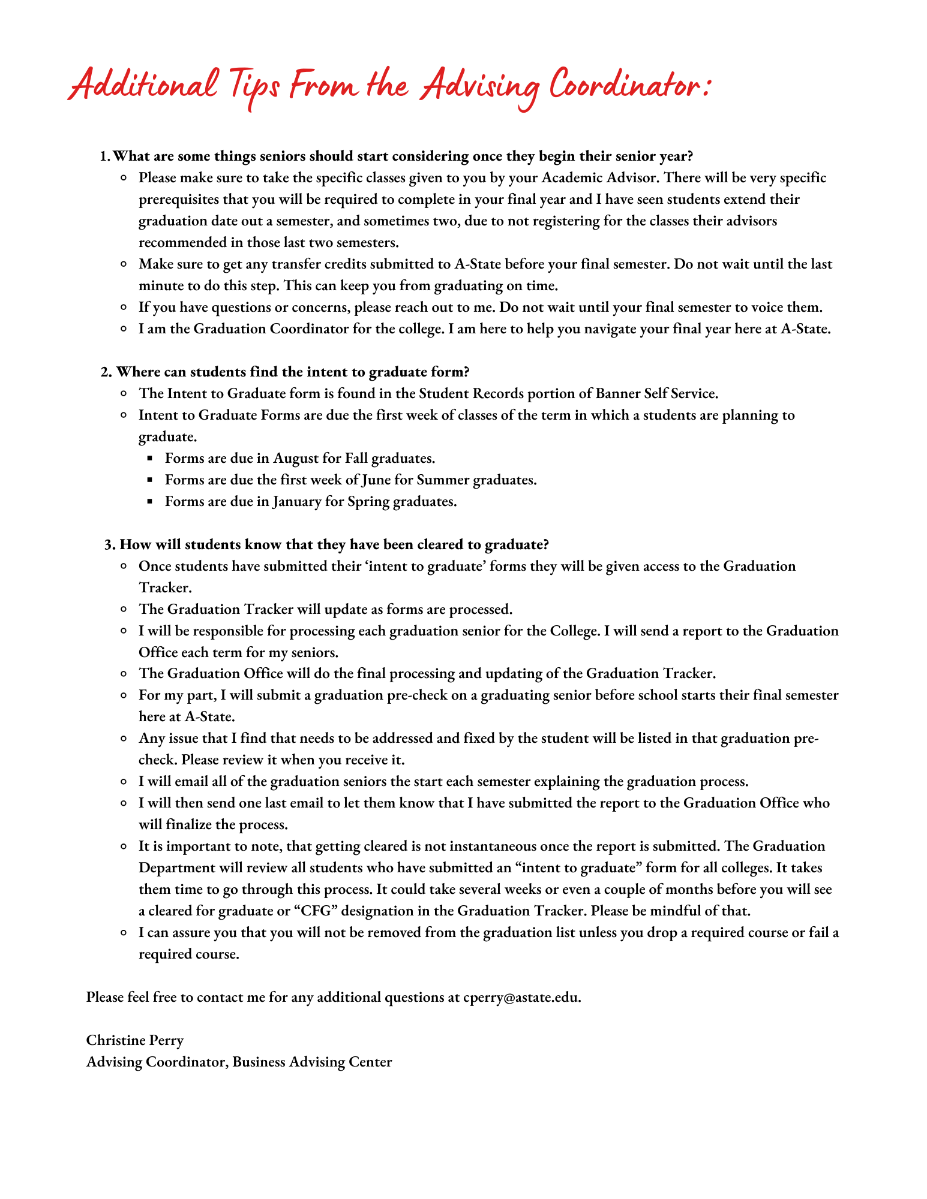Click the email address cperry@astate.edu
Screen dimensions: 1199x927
(x=521, y=997)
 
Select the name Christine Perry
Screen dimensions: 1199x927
(x=135, y=1040)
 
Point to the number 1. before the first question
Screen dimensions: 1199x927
(x=104, y=156)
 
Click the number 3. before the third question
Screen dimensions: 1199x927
(x=109, y=545)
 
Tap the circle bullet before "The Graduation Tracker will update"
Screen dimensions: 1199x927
(x=123, y=610)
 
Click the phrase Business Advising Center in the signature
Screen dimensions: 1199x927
(x=312, y=1062)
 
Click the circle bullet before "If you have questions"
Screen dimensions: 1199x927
(x=123, y=308)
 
